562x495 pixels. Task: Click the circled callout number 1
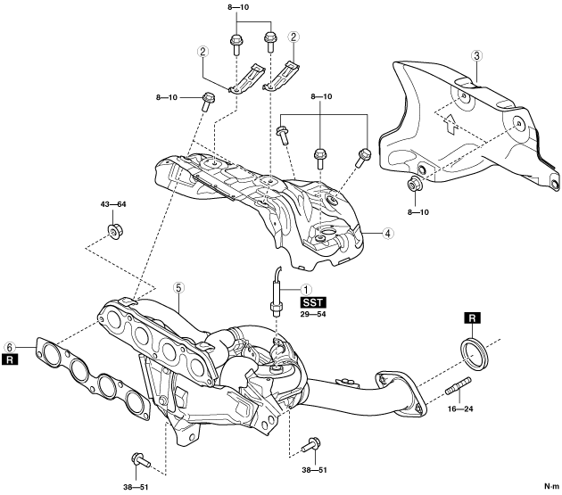[306, 289]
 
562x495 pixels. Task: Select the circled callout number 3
[476, 56]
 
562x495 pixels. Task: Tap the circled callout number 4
[387, 234]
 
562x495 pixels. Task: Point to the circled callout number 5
[178, 287]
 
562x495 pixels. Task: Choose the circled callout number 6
[10, 347]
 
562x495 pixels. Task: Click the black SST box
[313, 303]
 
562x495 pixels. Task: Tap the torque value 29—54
[313, 314]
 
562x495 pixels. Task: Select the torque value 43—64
[113, 204]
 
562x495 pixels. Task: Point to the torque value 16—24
[460, 408]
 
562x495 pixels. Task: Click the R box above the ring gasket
[473, 318]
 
